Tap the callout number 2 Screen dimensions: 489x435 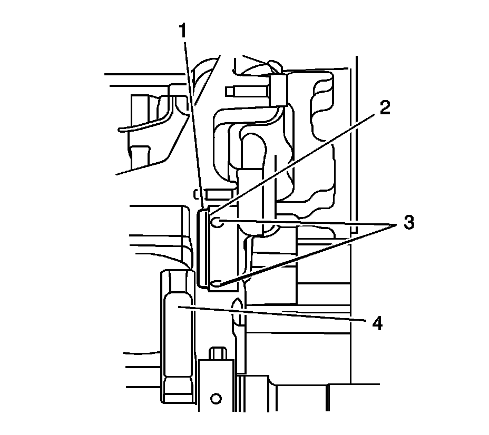[384, 108]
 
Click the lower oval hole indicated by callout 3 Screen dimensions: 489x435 [217, 285]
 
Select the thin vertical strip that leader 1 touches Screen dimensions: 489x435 [201, 248]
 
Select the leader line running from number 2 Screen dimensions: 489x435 [295, 163]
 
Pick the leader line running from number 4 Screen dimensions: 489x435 [274, 314]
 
